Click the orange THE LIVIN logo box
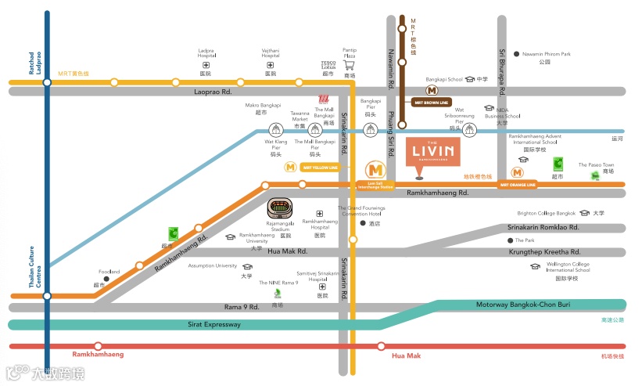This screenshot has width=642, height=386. pyautogui.click(x=432, y=151)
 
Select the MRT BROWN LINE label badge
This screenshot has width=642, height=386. pyautogui.click(x=430, y=102)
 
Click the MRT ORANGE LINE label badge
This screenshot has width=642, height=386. pyautogui.click(x=518, y=185)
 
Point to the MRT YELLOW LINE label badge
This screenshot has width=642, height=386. pyautogui.click(x=320, y=167)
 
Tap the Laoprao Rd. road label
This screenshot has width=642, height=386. pyautogui.click(x=213, y=92)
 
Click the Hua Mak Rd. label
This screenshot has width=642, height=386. pyautogui.click(x=287, y=252)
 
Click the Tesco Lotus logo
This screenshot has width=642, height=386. pyautogui.click(x=328, y=65)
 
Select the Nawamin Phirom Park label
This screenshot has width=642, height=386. pyautogui.click(x=547, y=54)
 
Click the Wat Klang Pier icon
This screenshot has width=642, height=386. pyautogui.click(x=275, y=130)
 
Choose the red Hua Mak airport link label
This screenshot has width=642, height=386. pyautogui.click(x=407, y=355)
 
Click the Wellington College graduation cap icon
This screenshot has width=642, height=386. pyautogui.click(x=535, y=266)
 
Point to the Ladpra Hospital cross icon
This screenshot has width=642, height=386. pyautogui.click(x=206, y=65)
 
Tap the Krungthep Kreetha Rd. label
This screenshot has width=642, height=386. pyautogui.click(x=544, y=252)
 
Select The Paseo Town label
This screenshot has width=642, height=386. pyautogui.click(x=597, y=165)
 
